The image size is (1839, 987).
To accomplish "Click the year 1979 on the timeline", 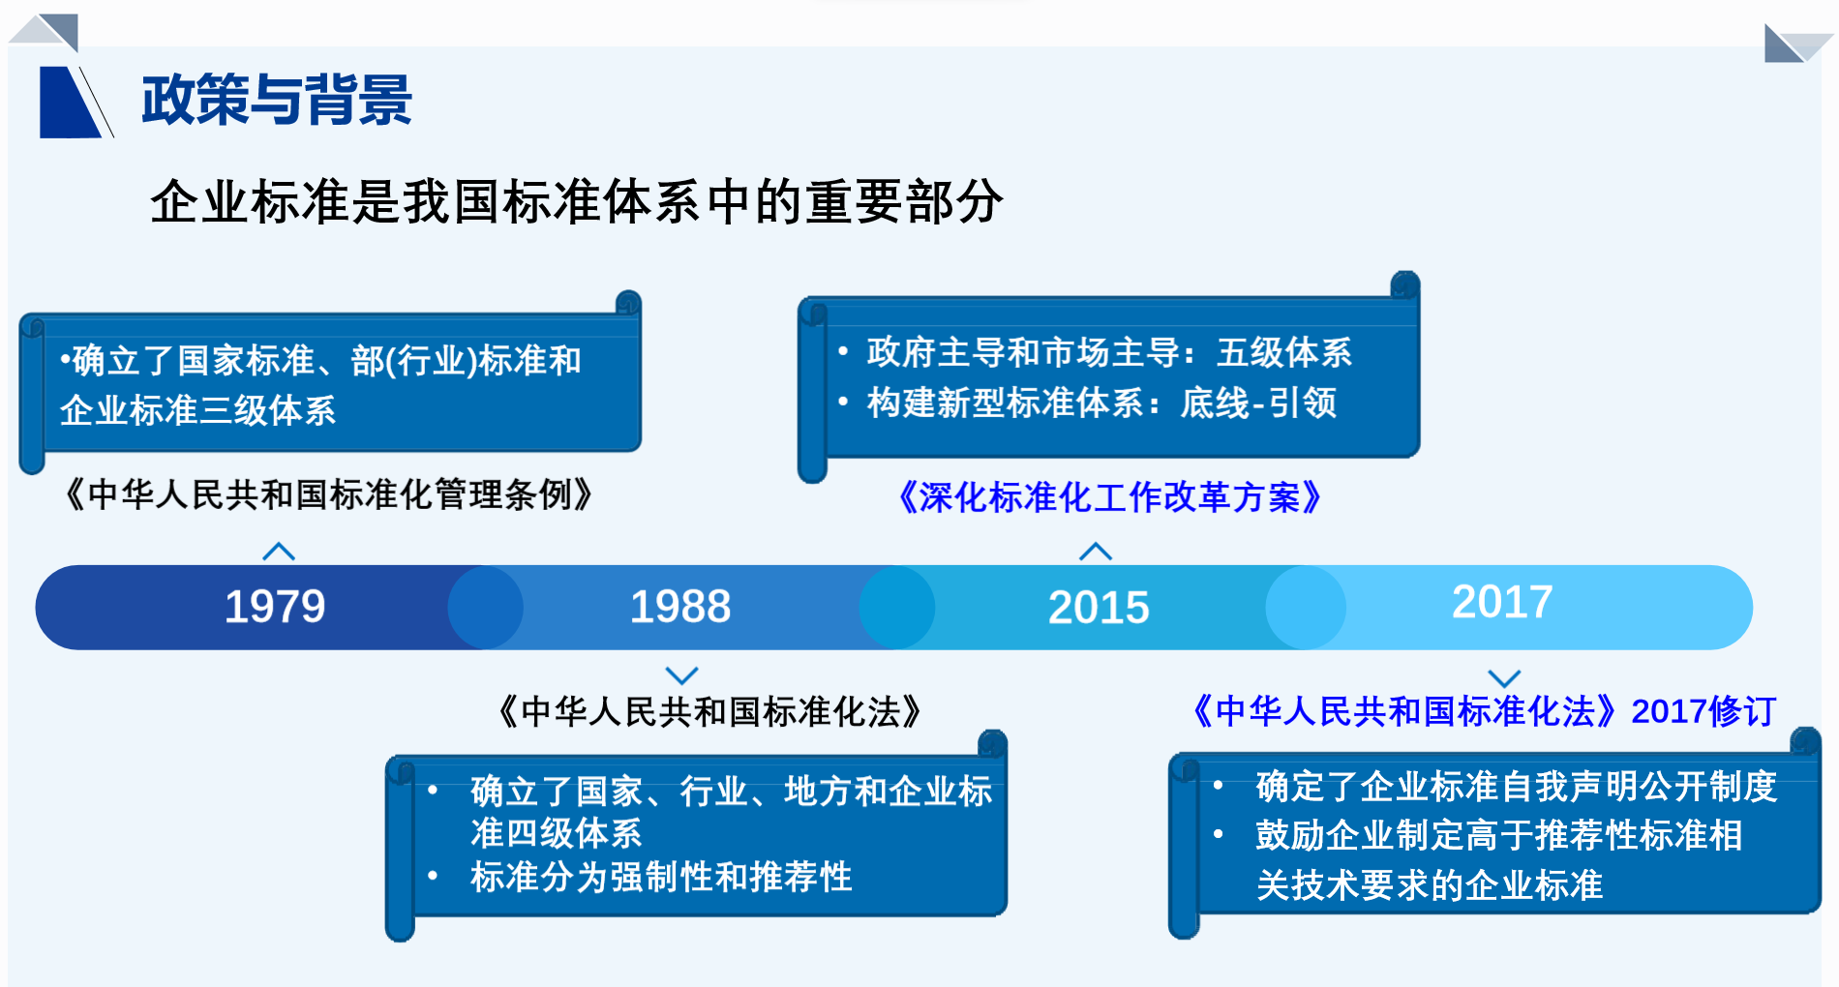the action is [275, 607].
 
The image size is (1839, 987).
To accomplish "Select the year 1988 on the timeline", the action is [680, 607].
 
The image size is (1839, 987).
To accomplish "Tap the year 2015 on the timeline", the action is [1099, 608].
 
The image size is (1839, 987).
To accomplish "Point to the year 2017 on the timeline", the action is [1502, 602].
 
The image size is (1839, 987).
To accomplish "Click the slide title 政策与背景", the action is [277, 100].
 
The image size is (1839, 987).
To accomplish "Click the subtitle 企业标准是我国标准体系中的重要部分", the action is [577, 201].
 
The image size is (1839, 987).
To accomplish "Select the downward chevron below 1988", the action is [682, 674].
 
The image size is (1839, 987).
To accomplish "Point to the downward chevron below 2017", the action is [1504, 678].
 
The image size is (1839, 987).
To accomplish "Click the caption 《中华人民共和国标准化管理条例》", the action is [327, 494].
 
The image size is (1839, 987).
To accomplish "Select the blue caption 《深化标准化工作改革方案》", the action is [1109, 497].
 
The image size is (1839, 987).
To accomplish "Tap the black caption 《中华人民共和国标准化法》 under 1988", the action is [708, 712].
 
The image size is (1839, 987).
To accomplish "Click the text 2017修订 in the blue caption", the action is [1703, 711].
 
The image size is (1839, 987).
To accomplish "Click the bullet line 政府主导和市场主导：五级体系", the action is [1109, 352].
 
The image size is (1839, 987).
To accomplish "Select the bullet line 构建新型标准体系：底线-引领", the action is [1101, 403].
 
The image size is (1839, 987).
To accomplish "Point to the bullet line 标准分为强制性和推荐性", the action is [661, 877].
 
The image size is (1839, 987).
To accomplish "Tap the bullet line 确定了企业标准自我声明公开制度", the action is [1517, 786].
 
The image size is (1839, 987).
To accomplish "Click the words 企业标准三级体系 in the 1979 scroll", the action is [197, 410].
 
